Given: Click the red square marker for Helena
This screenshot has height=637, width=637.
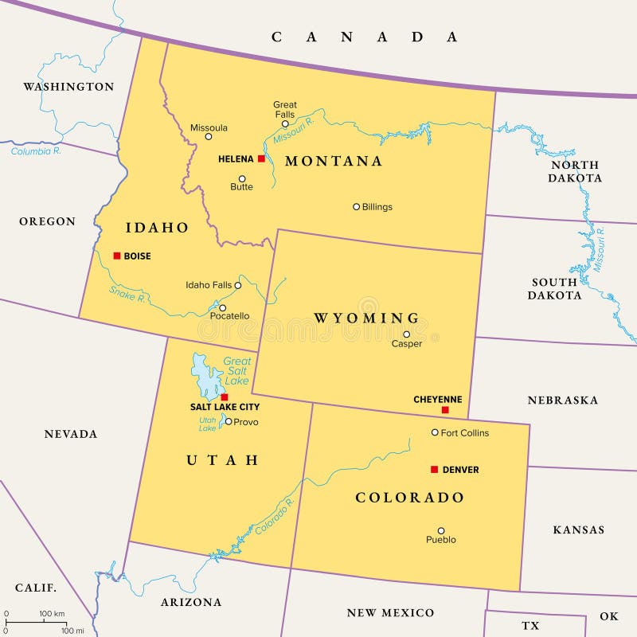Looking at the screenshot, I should [x=261, y=158].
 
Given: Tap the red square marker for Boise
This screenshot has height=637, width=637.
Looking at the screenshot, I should [x=117, y=256].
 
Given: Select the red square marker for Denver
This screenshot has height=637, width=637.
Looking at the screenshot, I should [x=434, y=470].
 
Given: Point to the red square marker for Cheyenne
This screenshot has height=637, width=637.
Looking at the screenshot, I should [x=445, y=410].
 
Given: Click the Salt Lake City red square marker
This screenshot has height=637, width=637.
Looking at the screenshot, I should [x=225, y=397].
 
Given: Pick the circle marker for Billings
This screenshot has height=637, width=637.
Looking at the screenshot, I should [x=357, y=206].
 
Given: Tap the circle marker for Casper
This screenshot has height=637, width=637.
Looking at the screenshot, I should [x=406, y=334].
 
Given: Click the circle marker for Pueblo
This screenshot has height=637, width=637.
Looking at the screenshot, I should [x=440, y=530].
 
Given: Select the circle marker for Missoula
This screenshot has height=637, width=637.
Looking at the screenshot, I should [x=209, y=136].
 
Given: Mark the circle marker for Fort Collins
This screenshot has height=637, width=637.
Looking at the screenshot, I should [x=435, y=432].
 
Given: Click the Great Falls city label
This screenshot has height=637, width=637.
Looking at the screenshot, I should [x=285, y=110].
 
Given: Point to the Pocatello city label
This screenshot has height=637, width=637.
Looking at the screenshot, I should [x=229, y=316].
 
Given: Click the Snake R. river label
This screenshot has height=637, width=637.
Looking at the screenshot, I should [x=127, y=294].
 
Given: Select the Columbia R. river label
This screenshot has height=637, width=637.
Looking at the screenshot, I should [x=37, y=151].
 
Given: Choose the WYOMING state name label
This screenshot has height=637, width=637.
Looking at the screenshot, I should [x=366, y=318].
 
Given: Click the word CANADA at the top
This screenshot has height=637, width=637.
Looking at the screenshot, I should [x=365, y=37].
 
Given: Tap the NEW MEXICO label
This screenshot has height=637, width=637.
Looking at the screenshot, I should [x=390, y=612].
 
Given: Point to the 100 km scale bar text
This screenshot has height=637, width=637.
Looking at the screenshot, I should [x=52, y=613].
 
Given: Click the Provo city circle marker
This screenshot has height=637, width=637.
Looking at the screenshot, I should [x=229, y=421].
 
